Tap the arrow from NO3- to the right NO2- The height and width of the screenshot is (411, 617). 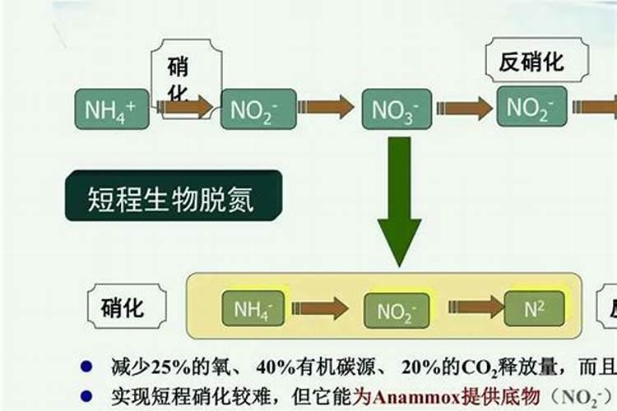464,109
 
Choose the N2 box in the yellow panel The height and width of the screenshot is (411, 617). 535,309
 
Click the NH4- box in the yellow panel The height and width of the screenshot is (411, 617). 253,309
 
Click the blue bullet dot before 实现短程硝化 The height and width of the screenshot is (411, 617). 86,395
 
